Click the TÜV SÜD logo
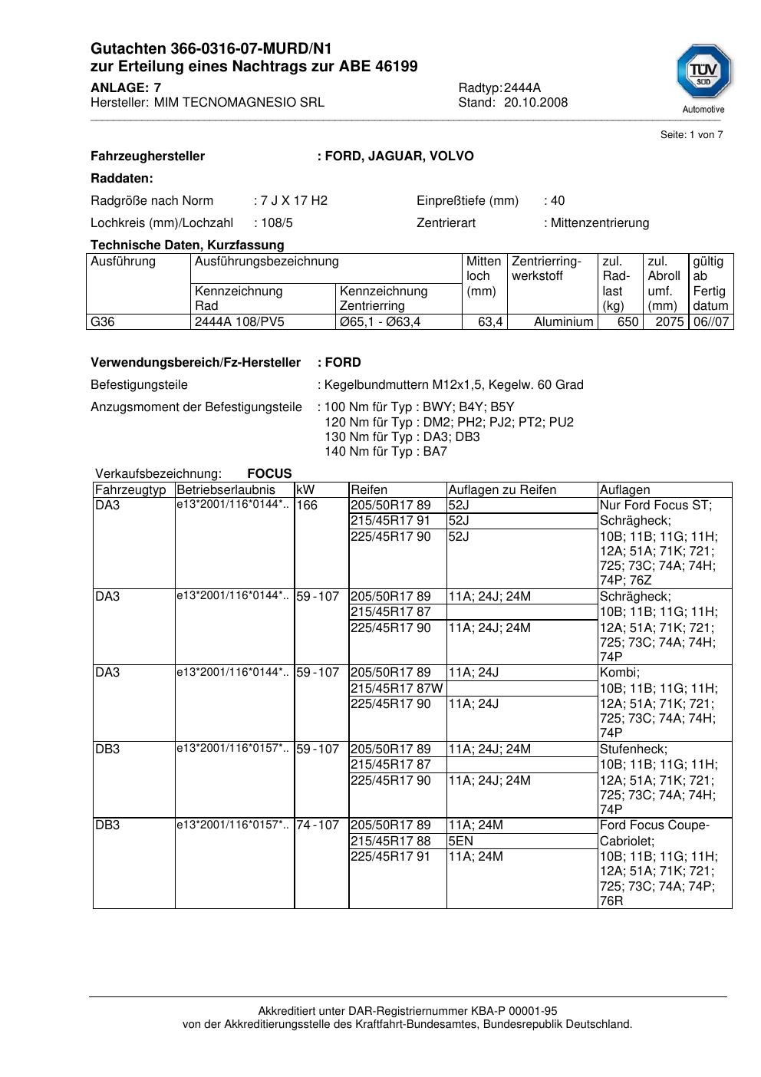point(703,74)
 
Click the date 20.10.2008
point(535,103)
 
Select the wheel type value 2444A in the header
point(522,87)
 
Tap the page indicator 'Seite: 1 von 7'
point(691,135)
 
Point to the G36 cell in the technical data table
point(102,322)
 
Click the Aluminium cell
point(563,322)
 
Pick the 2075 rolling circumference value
point(669,322)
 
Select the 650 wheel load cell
point(628,322)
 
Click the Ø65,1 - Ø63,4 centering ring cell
point(380,322)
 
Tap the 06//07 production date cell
point(710,322)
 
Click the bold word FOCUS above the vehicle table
point(269,474)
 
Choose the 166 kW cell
point(307,506)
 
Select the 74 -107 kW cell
point(318,825)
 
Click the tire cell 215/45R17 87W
point(397,688)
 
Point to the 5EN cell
point(460,841)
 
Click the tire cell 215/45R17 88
point(390,841)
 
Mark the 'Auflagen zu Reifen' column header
point(502,490)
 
